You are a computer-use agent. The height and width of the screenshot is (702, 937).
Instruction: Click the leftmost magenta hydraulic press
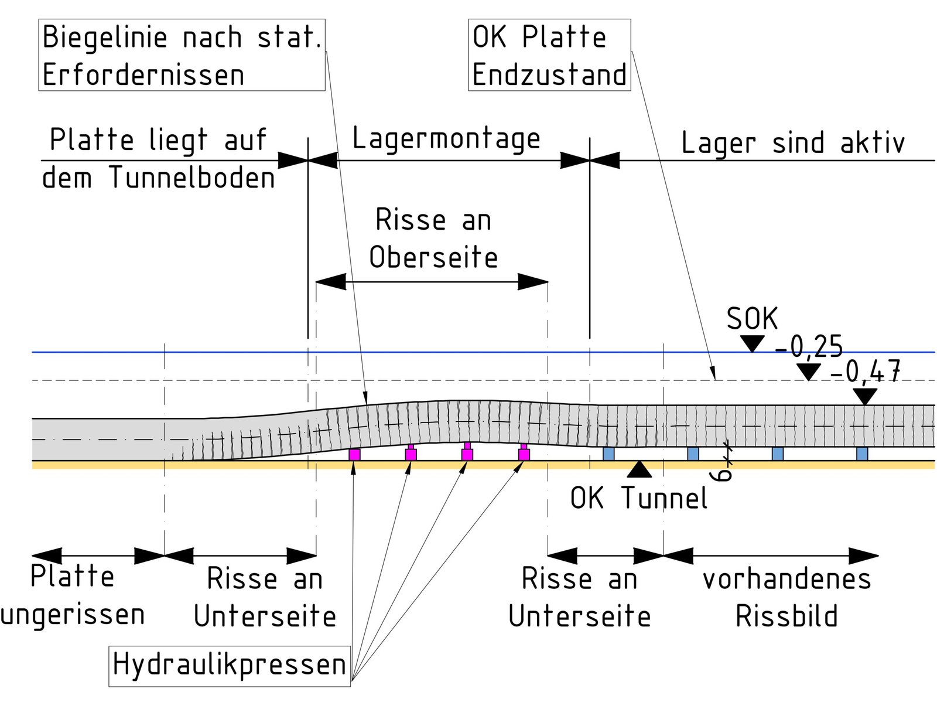tap(354, 454)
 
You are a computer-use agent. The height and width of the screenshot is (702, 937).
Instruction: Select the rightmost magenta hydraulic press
tap(524, 454)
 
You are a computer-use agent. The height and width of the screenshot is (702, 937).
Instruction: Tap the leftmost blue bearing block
tap(608, 454)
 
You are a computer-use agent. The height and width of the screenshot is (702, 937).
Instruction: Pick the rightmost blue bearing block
tap(862, 454)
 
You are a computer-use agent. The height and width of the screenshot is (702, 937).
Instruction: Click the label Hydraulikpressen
tap(230, 665)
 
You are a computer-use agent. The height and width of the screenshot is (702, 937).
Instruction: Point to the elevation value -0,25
tap(809, 347)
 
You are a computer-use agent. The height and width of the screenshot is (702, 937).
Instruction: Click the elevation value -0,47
tap(865, 371)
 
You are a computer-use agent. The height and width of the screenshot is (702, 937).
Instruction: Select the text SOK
tap(752, 319)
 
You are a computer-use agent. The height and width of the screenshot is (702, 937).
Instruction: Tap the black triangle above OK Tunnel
tap(639, 469)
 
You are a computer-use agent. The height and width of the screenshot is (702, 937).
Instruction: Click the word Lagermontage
tap(446, 139)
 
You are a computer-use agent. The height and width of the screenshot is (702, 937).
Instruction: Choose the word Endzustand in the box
tap(549, 75)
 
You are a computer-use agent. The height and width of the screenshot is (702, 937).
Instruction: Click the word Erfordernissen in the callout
tap(143, 75)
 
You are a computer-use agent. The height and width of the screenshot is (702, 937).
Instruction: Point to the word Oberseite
tap(433, 257)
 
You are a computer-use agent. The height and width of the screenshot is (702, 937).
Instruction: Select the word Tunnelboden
tap(192, 178)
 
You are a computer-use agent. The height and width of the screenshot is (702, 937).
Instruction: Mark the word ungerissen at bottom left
tap(73, 615)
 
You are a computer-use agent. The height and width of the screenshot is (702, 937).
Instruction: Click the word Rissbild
tap(786, 616)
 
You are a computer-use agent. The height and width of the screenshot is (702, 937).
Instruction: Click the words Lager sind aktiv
tap(793, 143)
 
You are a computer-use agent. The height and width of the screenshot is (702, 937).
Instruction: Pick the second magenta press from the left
tap(411, 454)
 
